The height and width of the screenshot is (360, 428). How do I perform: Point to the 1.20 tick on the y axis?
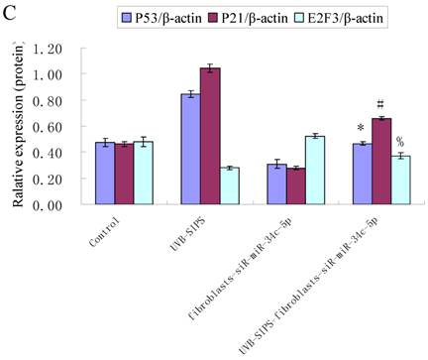coord(48,49)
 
